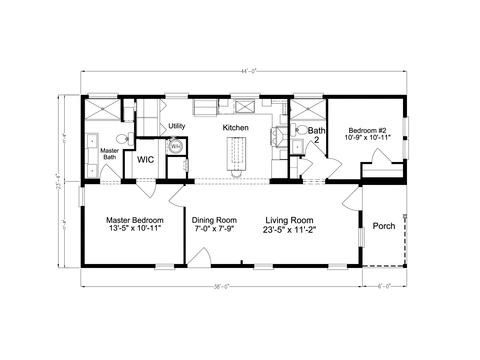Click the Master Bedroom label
click(134, 219)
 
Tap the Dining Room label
click(214, 219)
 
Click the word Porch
click(384, 226)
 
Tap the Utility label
click(177, 126)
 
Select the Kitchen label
click(235, 128)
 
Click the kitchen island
click(237, 156)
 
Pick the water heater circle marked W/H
click(176, 147)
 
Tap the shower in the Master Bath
click(101, 109)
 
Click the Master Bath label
click(110, 154)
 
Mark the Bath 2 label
click(316, 136)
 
